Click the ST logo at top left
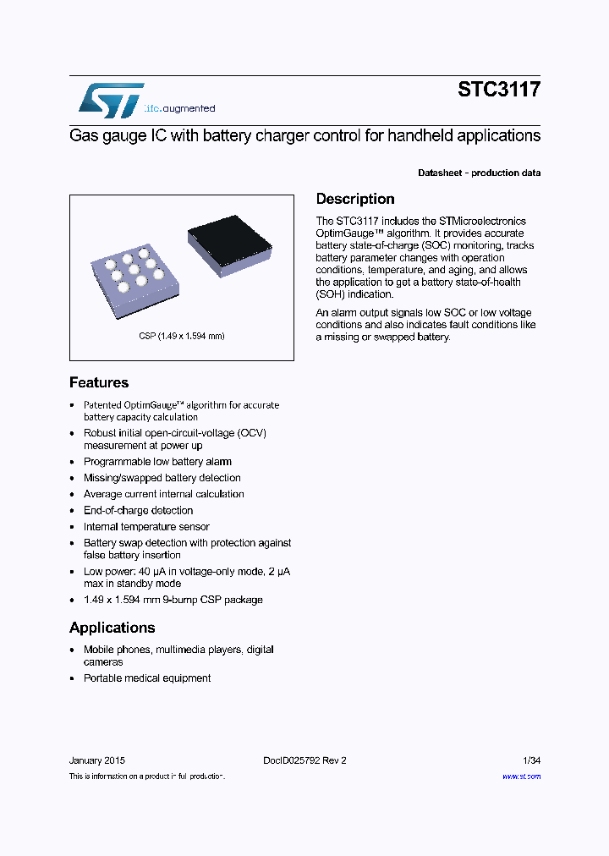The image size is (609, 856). pos(111,101)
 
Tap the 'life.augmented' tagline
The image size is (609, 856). pos(179,109)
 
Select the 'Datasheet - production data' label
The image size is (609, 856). pos(479,173)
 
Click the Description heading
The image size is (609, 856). pos(355,200)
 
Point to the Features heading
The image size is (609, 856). pos(99,382)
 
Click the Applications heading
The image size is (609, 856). pos(112,628)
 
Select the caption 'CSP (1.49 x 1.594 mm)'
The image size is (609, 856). pos(182,336)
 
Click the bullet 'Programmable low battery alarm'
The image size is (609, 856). pos(157,462)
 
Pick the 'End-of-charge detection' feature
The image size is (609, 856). pos(138,511)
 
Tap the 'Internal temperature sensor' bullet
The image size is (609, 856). pos(146,527)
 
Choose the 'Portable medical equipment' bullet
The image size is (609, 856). pos(147,678)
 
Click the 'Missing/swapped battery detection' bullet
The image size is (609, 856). pos(162,478)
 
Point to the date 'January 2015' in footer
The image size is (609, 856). pos(97,760)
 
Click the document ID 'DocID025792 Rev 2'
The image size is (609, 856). pos(299,760)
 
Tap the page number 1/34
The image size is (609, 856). pos(530,760)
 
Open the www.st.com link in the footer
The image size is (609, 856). pos(521,776)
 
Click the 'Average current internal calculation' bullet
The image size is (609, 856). pos(163,494)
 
